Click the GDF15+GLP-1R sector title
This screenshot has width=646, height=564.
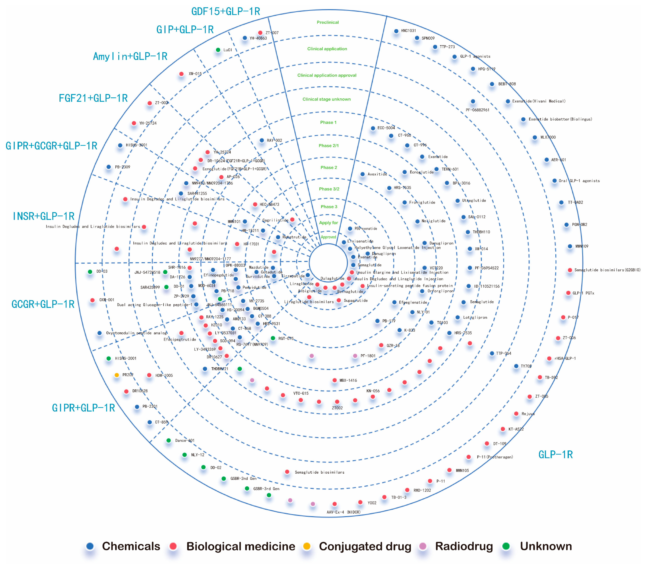point(226,12)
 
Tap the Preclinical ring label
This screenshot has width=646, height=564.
point(328,22)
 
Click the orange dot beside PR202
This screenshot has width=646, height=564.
point(117,375)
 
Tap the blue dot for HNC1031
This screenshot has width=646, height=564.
point(396,31)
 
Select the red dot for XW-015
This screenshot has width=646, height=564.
point(181,74)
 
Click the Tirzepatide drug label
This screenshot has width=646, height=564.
point(293,276)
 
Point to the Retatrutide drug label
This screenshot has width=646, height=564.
point(294,237)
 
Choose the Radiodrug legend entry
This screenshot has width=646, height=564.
point(464,546)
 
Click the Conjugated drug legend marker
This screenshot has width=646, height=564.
point(307,546)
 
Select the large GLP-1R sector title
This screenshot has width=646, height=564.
point(555,454)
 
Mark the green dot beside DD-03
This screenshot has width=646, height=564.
point(90,272)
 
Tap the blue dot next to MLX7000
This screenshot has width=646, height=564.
point(535,137)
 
